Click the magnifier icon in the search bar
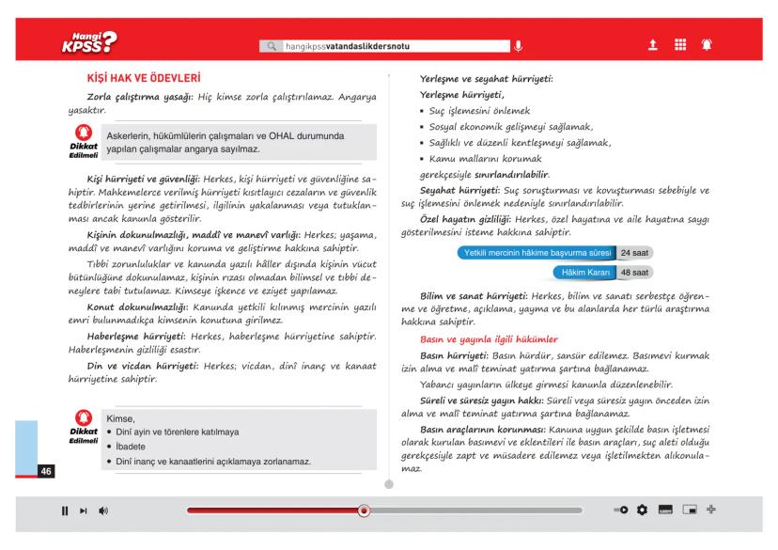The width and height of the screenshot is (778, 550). click(x=272, y=45)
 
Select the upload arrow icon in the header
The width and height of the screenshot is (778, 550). click(x=651, y=44)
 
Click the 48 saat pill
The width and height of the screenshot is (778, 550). click(x=634, y=273)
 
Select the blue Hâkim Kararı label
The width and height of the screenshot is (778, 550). click(x=581, y=273)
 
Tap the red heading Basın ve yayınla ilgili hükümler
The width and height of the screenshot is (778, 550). click(x=490, y=338)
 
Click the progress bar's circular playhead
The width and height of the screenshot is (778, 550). click(x=364, y=511)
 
